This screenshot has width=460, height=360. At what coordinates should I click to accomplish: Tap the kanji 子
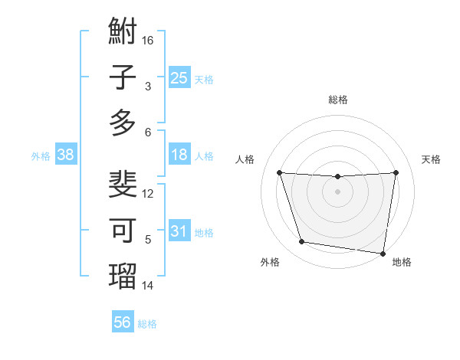[x=123, y=78]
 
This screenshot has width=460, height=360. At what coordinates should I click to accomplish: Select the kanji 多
[x=123, y=123]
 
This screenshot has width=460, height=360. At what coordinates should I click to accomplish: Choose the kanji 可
[x=123, y=231]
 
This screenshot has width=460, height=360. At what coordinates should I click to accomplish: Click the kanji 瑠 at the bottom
[x=123, y=277]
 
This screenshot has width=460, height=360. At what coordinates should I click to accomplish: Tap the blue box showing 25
[x=179, y=77]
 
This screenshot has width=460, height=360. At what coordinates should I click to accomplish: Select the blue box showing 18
[x=179, y=155]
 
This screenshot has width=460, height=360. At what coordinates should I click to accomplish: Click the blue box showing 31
[x=179, y=231]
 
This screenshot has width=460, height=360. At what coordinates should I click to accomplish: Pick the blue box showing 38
[x=66, y=155]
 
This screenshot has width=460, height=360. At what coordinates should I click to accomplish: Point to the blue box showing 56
[x=123, y=322]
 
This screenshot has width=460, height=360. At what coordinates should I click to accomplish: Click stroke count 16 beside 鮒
[x=148, y=40]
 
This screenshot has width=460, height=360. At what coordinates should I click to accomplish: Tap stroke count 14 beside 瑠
[x=148, y=285]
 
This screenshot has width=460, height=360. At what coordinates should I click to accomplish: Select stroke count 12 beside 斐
[x=148, y=193]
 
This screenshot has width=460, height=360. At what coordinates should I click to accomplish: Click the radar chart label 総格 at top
[x=338, y=100]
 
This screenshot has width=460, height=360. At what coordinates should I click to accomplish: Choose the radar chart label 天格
[x=432, y=159]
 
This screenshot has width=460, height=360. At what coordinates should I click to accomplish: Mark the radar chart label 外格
[x=270, y=262]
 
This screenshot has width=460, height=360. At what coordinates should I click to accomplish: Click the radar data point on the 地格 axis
[x=383, y=253]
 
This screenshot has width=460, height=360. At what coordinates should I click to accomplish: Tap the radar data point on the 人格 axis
[x=280, y=173]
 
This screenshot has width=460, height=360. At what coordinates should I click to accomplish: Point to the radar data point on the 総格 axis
[x=338, y=177]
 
